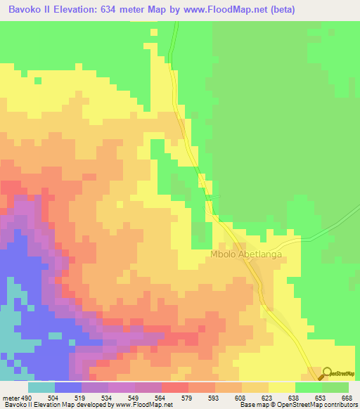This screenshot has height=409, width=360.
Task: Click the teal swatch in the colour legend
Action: pyautogui.click(x=41, y=387)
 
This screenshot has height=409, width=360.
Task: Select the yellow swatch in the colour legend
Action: pyautogui.click(x=282, y=387)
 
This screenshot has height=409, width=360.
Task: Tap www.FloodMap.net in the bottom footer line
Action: pyautogui.click(x=147, y=404)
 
